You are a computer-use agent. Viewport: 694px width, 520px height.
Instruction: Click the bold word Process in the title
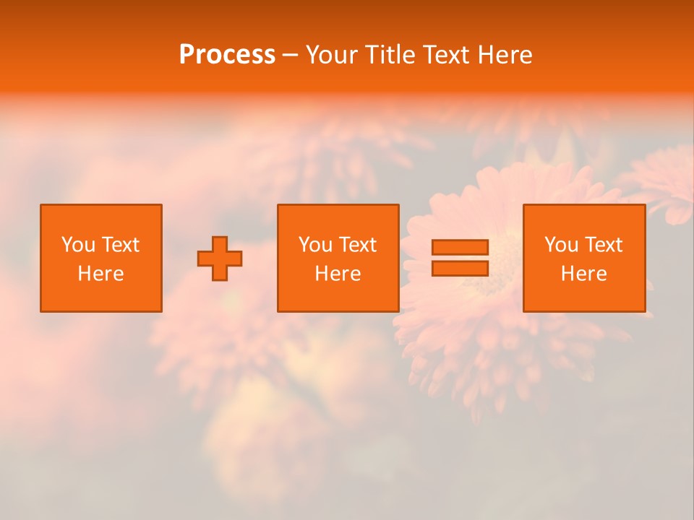point(227,55)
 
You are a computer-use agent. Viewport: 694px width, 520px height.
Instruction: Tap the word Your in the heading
point(333,55)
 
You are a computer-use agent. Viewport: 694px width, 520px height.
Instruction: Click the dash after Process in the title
point(290,56)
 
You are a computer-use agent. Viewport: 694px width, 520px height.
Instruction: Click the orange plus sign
point(220,259)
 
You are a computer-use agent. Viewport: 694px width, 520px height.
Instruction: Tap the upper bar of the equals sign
point(460,248)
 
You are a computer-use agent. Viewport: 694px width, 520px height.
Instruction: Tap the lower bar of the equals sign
point(460,268)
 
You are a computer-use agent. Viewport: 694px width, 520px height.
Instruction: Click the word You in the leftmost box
point(78,245)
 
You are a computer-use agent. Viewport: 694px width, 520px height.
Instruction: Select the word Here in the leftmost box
point(100,274)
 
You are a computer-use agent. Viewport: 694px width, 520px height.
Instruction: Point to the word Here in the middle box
point(338,274)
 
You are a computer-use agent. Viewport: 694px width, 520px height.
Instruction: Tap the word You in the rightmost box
point(561,245)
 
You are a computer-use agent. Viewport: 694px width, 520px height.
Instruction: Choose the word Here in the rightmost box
point(583,274)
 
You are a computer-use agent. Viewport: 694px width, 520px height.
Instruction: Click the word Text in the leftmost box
point(120,245)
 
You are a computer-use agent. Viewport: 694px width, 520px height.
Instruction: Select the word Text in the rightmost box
point(603,245)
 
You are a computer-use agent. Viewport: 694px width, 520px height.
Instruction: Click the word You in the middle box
point(315,245)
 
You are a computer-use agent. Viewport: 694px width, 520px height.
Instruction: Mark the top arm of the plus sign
point(220,244)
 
